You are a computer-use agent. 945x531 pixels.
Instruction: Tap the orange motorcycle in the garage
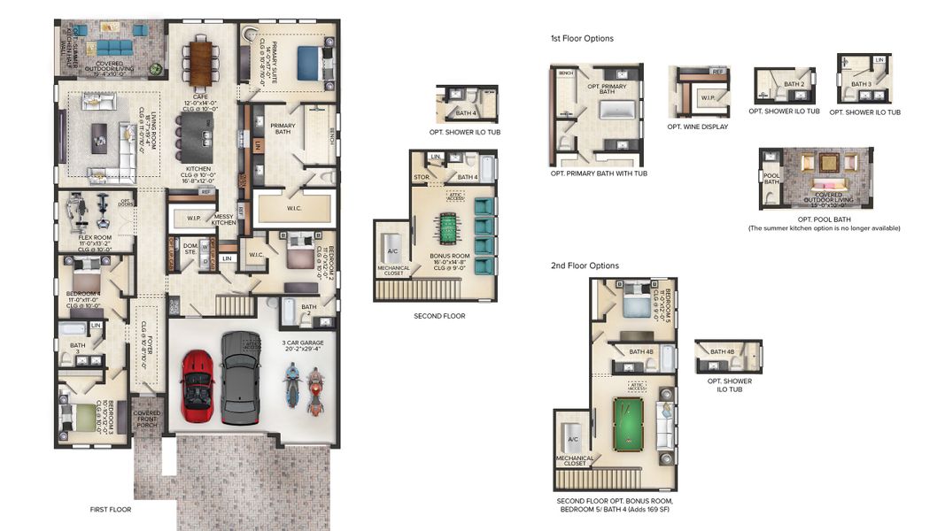pos(314,392)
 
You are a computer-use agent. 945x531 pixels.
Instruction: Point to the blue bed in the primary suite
pos(307,62)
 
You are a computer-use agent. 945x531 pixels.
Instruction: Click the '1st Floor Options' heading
pos(581,39)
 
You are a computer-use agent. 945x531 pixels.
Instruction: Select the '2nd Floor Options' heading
pos(585,265)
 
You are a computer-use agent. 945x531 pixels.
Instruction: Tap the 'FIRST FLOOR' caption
pos(111,510)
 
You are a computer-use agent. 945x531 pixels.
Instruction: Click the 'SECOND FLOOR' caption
pos(439,316)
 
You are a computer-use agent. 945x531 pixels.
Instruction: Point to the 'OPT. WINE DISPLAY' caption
pos(698,127)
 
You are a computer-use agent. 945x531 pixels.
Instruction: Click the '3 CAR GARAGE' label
pos(303,342)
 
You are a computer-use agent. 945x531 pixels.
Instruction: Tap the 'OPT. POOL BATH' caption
pos(824,218)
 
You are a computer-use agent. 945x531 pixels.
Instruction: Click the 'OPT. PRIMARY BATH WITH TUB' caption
pos(599,173)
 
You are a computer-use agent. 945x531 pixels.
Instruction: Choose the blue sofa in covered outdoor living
pos(113,47)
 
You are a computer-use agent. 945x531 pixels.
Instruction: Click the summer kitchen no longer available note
pos(824,228)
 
